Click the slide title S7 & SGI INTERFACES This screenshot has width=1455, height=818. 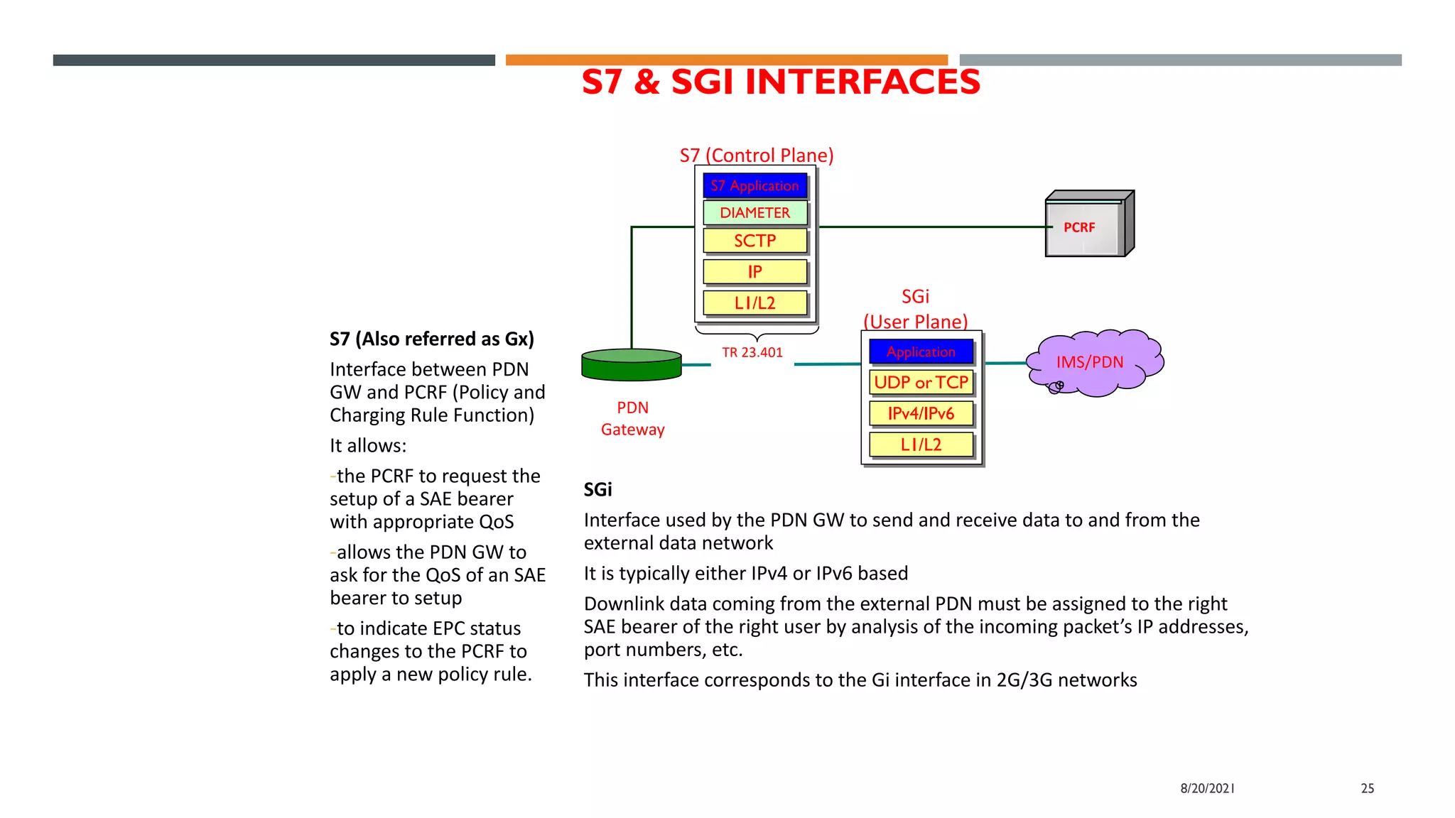(780, 82)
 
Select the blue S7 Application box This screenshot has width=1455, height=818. (754, 186)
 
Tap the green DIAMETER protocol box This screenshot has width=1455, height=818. (754, 213)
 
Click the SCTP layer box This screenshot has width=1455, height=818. (754, 241)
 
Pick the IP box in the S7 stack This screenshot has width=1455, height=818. (754, 272)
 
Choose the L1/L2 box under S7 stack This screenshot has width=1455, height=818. (754, 303)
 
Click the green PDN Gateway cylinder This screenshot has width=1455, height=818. (631, 365)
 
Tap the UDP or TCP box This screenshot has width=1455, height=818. (921, 383)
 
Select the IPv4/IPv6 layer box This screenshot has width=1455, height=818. (921, 414)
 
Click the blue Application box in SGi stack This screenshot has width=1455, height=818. (921, 352)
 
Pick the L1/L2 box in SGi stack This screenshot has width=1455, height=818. (921, 445)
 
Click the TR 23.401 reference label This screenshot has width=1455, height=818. (752, 352)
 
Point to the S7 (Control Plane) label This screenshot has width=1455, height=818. (756, 156)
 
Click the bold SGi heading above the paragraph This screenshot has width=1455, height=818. (597, 490)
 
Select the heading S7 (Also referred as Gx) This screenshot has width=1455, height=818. (431, 339)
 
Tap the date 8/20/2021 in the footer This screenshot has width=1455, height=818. (1207, 788)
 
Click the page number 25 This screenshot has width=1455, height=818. (1367, 788)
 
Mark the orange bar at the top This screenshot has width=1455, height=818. (726, 60)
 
